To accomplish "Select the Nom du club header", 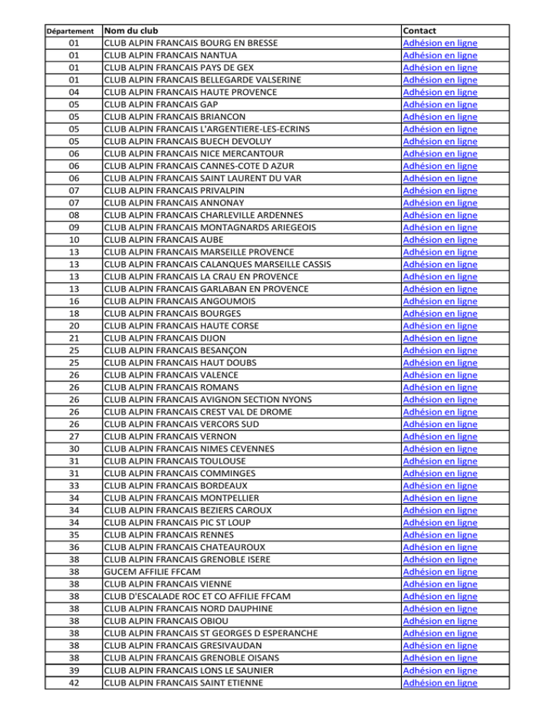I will (x=131, y=31).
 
